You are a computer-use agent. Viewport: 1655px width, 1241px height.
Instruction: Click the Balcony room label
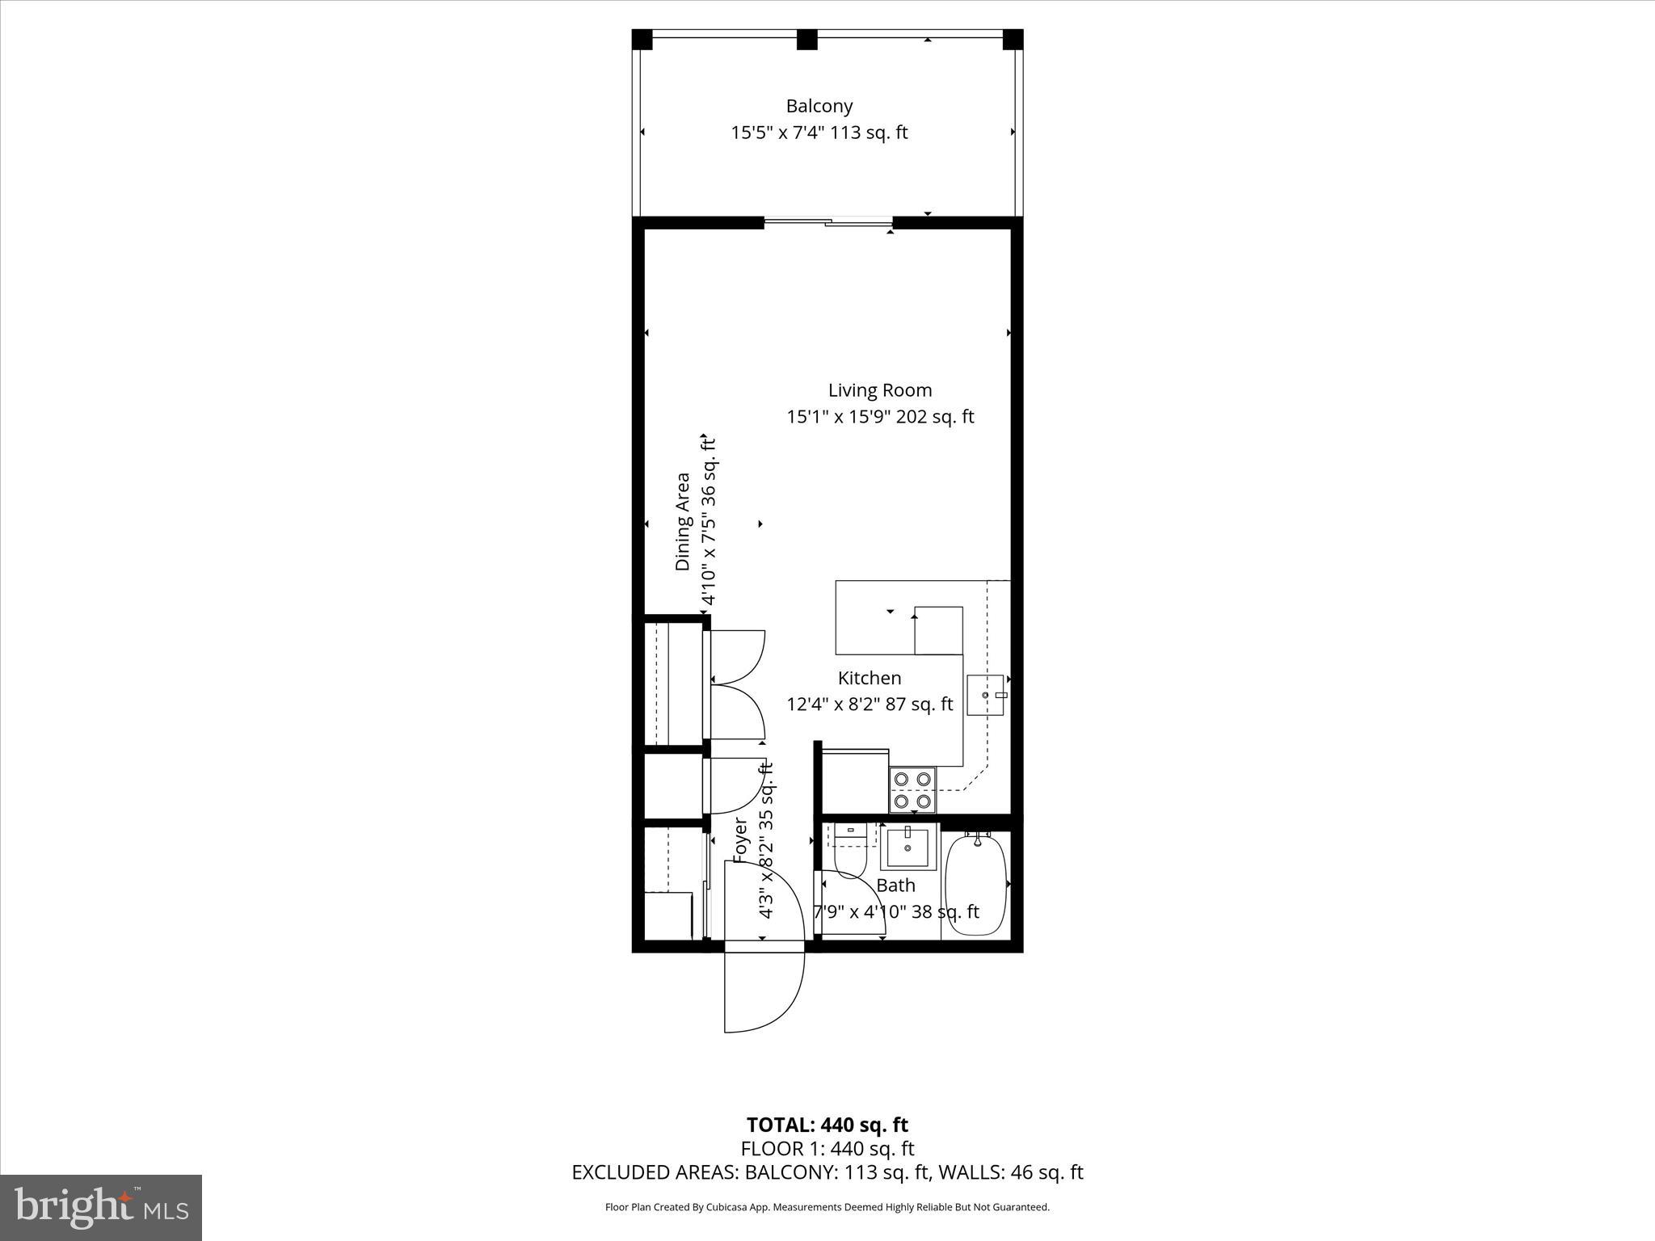(819, 106)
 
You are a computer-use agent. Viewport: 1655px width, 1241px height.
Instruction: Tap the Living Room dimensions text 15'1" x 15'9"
(840, 417)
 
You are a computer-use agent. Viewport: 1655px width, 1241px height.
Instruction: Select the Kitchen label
(869, 678)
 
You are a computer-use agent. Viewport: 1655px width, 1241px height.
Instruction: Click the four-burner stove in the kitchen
(912, 789)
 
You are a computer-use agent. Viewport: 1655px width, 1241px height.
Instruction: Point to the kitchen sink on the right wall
(986, 695)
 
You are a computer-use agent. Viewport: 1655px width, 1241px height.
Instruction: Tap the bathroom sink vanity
(908, 847)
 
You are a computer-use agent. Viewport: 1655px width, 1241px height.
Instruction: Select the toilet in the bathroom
(849, 852)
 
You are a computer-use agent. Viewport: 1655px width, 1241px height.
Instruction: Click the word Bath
(895, 886)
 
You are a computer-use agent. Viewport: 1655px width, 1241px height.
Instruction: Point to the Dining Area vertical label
(683, 522)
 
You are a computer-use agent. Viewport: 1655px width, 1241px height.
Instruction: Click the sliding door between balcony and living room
(828, 222)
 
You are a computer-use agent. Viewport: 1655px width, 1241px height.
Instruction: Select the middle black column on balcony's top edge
(806, 40)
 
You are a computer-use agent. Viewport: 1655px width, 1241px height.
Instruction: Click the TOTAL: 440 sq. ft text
(827, 1125)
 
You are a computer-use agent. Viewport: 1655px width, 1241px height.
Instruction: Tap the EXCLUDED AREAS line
(827, 1172)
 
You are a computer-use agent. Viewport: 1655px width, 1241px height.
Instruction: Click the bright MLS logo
(101, 1207)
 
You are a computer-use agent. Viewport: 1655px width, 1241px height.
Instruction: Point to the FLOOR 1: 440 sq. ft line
(827, 1148)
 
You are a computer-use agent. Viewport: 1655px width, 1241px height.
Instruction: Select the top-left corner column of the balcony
(642, 40)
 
